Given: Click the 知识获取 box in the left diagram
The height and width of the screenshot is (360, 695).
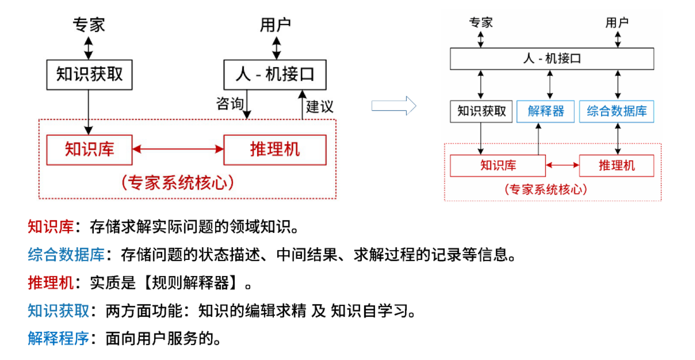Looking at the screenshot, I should coord(89,75).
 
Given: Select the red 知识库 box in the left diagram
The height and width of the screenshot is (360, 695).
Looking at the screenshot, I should coord(89,150).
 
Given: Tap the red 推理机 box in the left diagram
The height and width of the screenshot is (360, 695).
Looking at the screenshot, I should coord(275,150).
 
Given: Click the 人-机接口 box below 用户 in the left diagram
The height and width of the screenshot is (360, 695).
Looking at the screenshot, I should coord(275,75).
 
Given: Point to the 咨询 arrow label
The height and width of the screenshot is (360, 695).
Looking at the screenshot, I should coord(229,103).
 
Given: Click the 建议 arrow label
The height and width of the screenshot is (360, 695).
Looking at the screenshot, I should coord(319,106).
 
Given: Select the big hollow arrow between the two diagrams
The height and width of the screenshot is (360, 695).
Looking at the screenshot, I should coord(394,106).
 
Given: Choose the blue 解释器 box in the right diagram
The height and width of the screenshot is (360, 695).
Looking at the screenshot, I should coord(545,111).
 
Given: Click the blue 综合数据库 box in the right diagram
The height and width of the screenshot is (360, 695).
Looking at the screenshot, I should coord(616,111).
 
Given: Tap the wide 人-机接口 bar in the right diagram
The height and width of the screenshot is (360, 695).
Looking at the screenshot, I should coord(551,59).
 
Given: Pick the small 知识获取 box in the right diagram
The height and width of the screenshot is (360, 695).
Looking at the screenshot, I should coord(481,111).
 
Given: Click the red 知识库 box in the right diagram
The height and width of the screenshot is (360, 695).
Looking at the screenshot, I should coord(498,166).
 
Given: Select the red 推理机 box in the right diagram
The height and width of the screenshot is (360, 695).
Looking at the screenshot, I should coord(616,166).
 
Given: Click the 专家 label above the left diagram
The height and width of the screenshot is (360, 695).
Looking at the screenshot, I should coord(88,25).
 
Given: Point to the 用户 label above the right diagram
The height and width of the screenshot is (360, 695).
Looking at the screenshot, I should coord(617,22).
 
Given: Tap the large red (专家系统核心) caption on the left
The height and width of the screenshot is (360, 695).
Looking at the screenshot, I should coord(177,183).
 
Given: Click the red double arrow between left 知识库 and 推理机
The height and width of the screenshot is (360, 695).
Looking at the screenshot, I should coord(178,149).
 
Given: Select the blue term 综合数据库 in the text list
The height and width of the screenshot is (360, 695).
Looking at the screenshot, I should coord(66,255).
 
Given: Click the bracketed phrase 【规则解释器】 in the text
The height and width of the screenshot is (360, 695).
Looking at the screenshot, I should coord(190,283).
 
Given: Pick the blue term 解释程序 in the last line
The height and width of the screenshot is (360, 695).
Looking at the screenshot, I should coord(58,338).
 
